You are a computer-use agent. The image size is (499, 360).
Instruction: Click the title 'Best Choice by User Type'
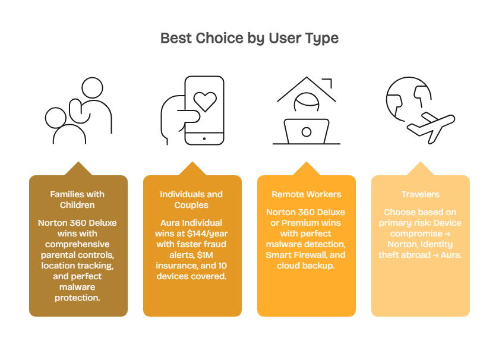coord(249,39)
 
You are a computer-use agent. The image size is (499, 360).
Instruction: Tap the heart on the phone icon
coord(205,101)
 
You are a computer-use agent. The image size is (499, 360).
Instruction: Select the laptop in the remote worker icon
coord(306,131)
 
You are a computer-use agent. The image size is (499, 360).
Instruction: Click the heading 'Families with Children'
coord(77,200)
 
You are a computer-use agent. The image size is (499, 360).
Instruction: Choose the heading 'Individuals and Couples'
coord(191,200)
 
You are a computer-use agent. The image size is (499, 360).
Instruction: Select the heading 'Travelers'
coord(420,194)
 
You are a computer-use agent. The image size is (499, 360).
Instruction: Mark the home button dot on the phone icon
coord(204,138)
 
